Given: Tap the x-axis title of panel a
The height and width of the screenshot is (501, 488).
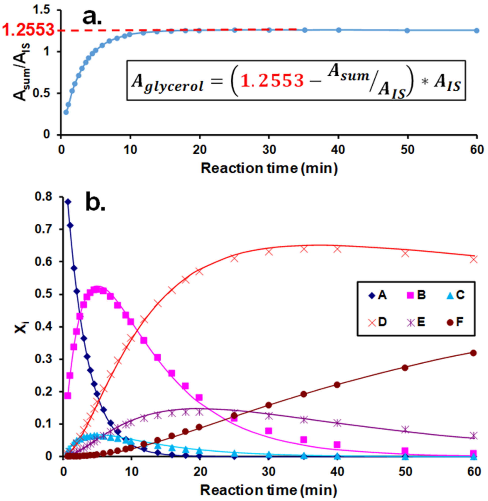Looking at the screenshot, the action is pos(269,169).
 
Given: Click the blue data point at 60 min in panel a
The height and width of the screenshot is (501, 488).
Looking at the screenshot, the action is pos(477,30).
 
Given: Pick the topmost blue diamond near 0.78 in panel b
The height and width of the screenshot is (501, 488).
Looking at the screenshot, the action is pos(68,202).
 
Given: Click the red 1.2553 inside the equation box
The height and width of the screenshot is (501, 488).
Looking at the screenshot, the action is pos(272,81).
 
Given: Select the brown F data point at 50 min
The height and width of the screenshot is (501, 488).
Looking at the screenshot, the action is pos(405,368).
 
